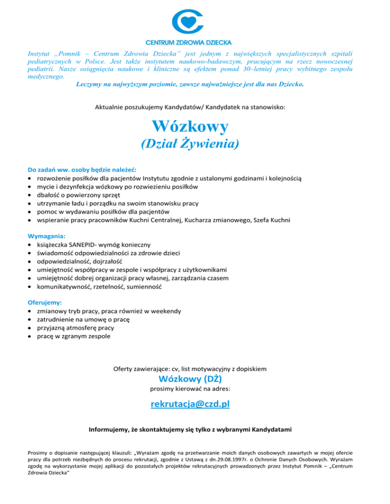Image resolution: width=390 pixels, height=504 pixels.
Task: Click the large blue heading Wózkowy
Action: coord(190,125)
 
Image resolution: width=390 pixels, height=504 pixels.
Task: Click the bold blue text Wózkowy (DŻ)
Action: coord(190,378)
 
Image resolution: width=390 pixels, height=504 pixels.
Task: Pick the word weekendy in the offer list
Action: coord(165,310)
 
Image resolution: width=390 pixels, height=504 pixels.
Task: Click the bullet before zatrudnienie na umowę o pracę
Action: coord(31,319)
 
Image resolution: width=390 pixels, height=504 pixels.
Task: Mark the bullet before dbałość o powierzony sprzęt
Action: coord(31,195)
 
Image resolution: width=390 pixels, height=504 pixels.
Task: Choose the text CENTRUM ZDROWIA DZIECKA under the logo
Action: coord(189,41)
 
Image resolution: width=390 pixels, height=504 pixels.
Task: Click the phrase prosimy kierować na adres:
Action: coord(190,389)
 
